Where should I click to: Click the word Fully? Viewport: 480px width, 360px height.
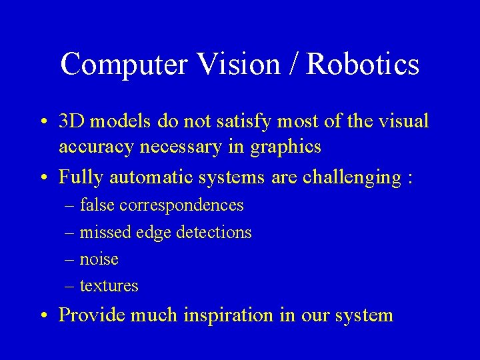81,178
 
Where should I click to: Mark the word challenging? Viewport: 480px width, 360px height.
351,178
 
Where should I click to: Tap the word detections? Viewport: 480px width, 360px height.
213,232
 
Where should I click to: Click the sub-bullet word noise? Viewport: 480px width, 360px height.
99,259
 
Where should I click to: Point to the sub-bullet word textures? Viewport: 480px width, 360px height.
109,286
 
